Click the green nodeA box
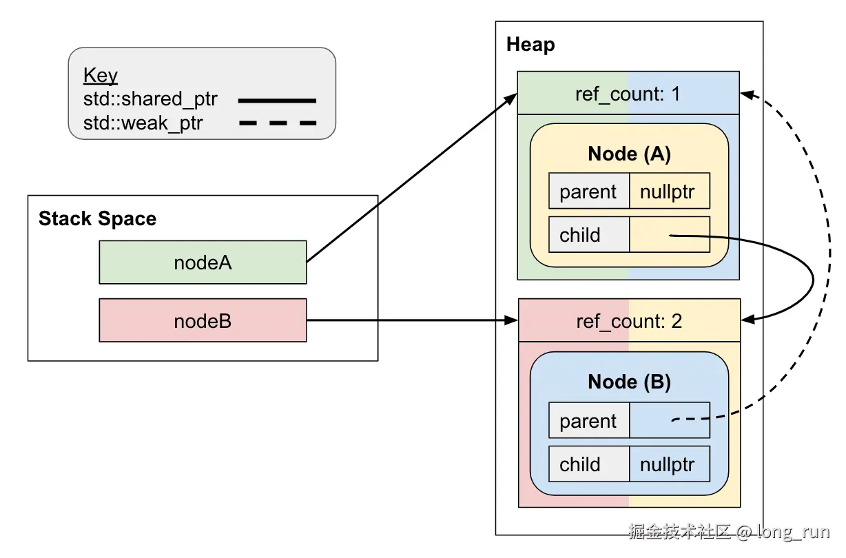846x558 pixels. tap(203, 262)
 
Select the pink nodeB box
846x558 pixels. tap(203, 320)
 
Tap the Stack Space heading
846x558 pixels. tap(97, 219)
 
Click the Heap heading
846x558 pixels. tap(530, 45)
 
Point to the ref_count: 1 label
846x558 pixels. tap(628, 94)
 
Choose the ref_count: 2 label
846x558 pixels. tap(628, 321)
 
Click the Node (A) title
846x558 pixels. tap(629, 154)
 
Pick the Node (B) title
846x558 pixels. tap(629, 382)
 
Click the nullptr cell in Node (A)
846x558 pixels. tap(668, 192)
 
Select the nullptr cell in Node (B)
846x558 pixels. tap(668, 464)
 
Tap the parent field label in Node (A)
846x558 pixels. tap(588, 192)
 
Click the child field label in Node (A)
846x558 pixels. tap(580, 235)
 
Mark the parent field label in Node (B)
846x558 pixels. tap(588, 421)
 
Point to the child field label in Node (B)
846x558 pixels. tap(580, 464)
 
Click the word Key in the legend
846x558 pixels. tap(101, 75)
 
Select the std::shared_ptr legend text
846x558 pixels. tap(150, 100)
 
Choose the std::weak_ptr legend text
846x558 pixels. tap(143, 123)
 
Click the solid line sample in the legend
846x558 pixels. tap(276, 101)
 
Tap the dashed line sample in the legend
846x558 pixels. tap(276, 124)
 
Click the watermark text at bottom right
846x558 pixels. tap(729, 532)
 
